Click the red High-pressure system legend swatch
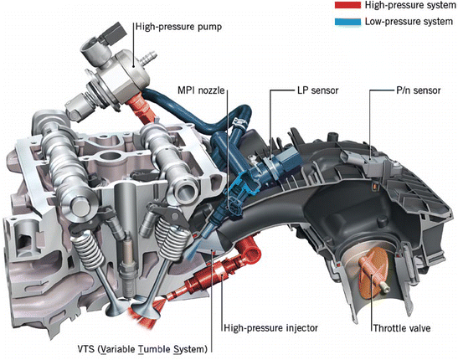pyautogui.click(x=347, y=5)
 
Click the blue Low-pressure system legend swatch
pyautogui.click(x=347, y=21)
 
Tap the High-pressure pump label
pyautogui.click(x=178, y=27)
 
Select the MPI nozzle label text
pyautogui.click(x=201, y=90)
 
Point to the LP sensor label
pyautogui.click(x=318, y=90)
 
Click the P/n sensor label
pyautogui.click(x=419, y=90)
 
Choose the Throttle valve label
pyautogui.click(x=402, y=328)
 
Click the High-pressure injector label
pyautogui.click(x=270, y=328)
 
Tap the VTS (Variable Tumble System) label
pyautogui.click(x=142, y=349)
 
